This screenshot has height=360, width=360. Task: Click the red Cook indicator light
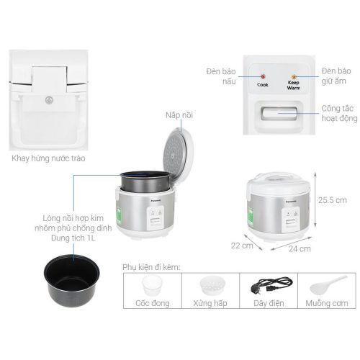[263, 76]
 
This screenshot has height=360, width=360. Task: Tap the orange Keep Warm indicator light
[293, 76]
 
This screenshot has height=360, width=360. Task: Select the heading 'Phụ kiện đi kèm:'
[151, 266]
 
